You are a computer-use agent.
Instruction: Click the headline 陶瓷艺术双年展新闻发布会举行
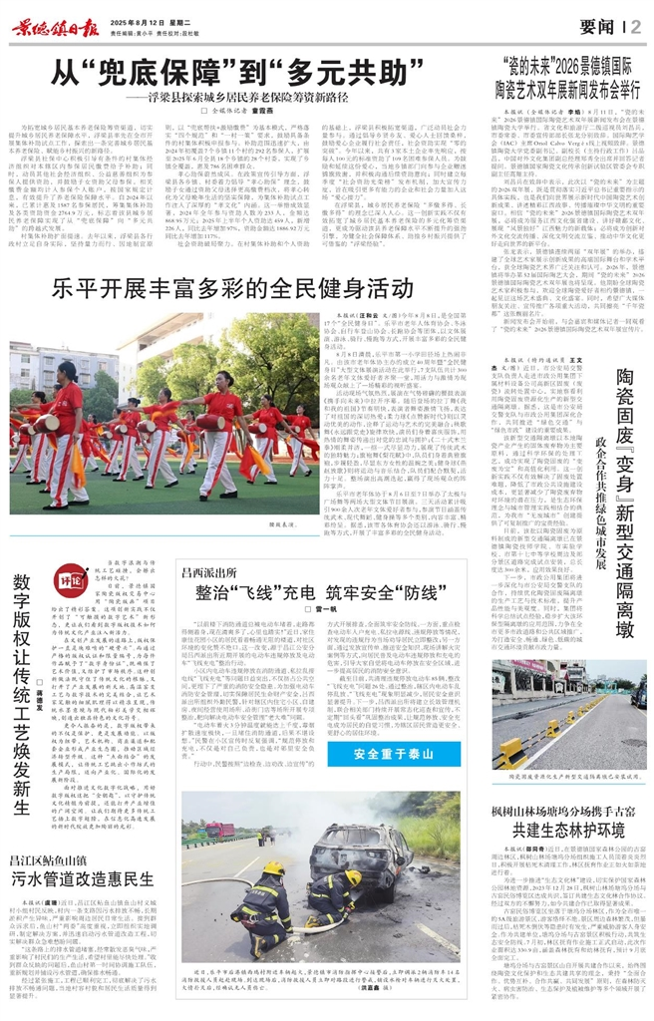pos(565,88)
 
